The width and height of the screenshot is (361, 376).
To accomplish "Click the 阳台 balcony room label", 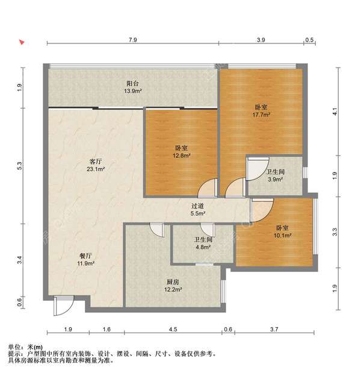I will tap(133, 84).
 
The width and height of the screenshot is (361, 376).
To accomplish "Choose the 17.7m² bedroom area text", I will tap(261, 114).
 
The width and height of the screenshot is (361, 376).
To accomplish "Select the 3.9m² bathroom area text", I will tap(275, 180).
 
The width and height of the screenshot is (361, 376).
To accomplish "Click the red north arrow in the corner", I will tap(22, 43).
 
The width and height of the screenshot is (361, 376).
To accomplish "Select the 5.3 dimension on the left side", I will tap(20, 164).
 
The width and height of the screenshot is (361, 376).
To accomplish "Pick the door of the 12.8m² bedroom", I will tap(207, 189).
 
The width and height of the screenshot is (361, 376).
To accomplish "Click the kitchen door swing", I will tap(156, 230).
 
